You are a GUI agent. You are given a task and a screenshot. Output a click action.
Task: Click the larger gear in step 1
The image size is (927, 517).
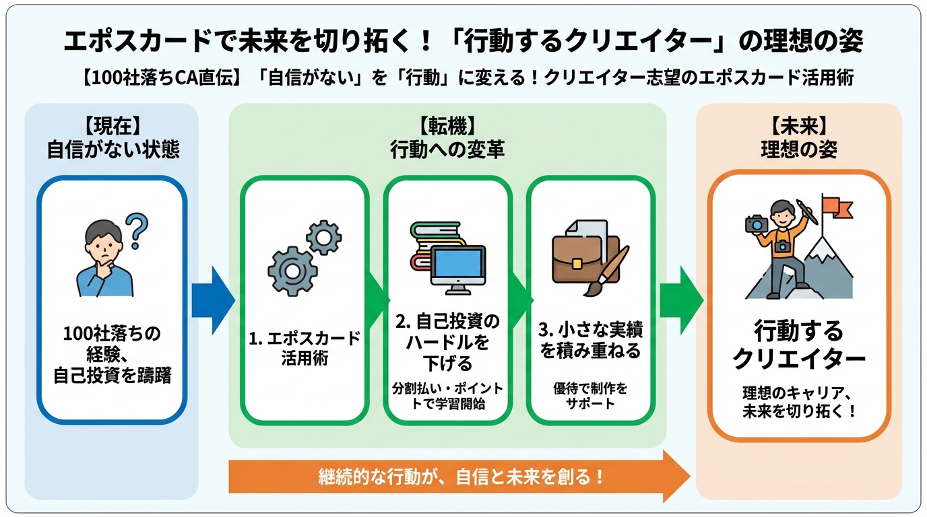tap(291, 271)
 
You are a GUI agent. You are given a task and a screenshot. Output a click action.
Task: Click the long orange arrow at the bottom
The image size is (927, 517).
tap(458, 477)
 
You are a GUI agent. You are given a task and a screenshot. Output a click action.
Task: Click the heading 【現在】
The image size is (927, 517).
tap(112, 125)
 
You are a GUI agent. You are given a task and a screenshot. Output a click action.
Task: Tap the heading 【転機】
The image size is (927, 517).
tap(447, 125)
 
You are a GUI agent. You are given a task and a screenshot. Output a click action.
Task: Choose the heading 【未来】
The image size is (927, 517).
tap(798, 125)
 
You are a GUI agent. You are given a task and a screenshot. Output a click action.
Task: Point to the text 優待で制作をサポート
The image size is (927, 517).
tap(590, 396)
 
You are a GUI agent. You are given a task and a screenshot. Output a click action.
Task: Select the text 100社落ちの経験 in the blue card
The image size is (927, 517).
tap(112, 342)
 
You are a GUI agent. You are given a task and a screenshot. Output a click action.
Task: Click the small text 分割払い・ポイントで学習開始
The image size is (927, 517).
tap(447, 397)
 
